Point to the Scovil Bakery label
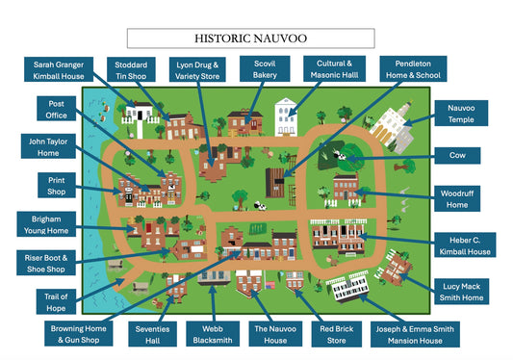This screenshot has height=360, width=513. [264, 68]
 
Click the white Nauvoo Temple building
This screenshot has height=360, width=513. [394, 128]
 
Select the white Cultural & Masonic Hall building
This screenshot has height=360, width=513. [286, 117]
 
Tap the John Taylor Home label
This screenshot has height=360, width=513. [50, 147]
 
